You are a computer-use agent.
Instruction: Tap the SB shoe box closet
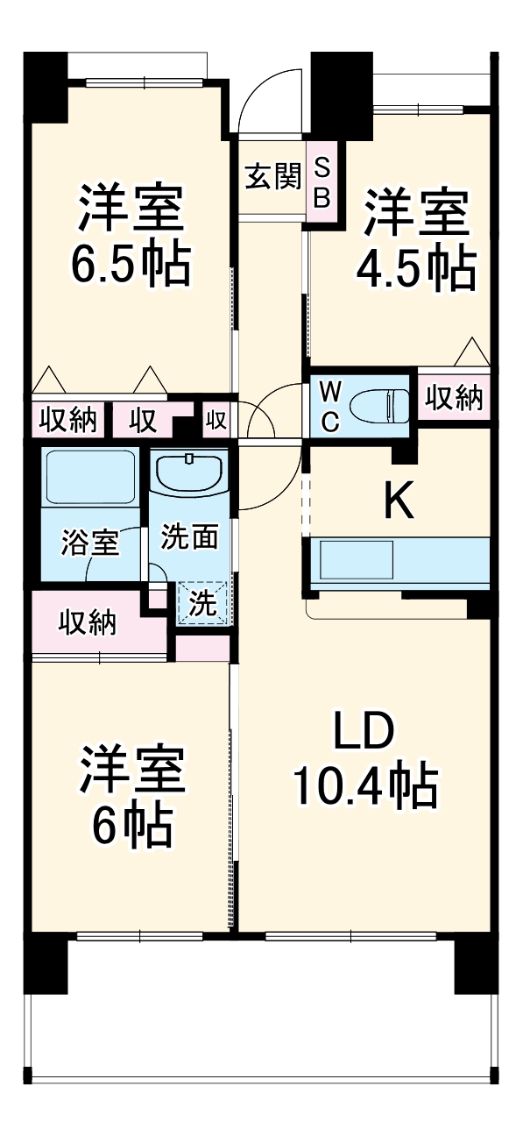[322, 182]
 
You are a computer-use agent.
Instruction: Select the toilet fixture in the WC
[379, 405]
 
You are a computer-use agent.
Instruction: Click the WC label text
[329, 405]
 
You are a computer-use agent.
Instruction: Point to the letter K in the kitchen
[399, 501]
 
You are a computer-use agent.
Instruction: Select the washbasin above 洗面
[190, 474]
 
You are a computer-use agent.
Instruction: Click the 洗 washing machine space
[202, 603]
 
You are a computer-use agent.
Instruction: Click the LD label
[364, 732]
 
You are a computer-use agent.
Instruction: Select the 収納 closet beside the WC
[454, 398]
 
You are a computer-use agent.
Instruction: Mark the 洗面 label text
[188, 536]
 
